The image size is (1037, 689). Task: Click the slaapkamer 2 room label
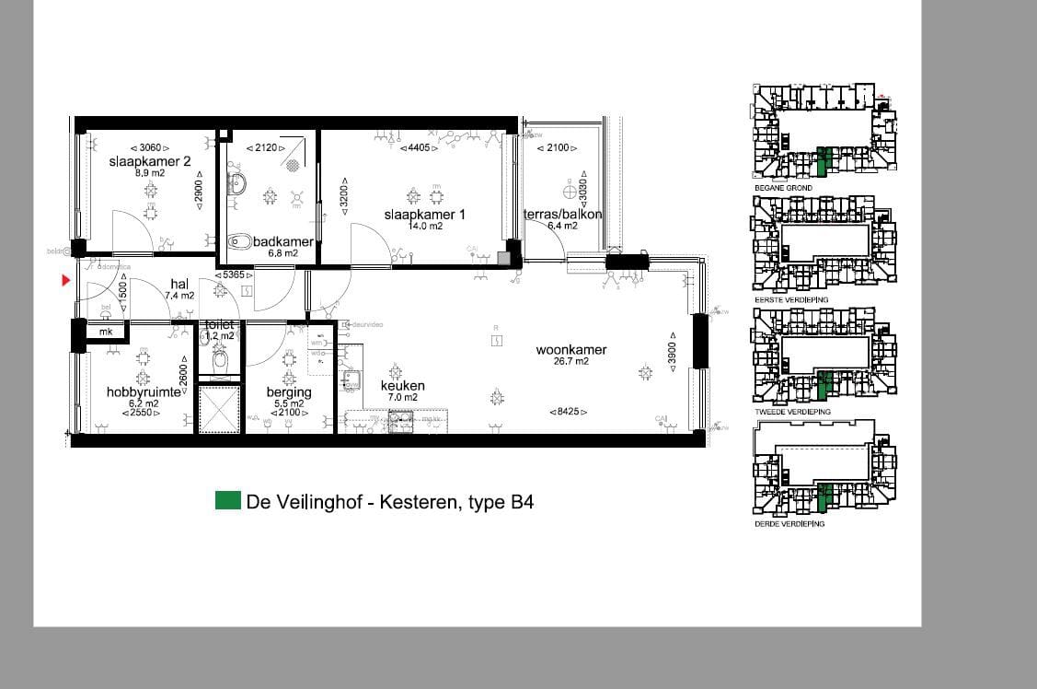(x=149, y=161)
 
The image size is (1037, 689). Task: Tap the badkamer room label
(x=282, y=242)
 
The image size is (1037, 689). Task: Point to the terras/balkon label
(x=562, y=215)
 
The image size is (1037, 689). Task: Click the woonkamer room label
(x=571, y=349)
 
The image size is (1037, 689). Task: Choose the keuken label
(x=402, y=385)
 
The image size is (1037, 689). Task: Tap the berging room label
(x=289, y=391)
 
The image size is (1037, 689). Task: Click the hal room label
(x=179, y=284)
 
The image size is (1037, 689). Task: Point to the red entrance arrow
(x=65, y=280)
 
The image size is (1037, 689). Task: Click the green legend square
(x=227, y=501)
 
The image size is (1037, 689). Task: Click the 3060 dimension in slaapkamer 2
(x=150, y=147)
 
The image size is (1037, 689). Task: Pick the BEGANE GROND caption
(x=783, y=188)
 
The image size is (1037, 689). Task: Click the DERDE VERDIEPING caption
(x=789, y=523)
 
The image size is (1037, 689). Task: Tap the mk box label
(x=106, y=332)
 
